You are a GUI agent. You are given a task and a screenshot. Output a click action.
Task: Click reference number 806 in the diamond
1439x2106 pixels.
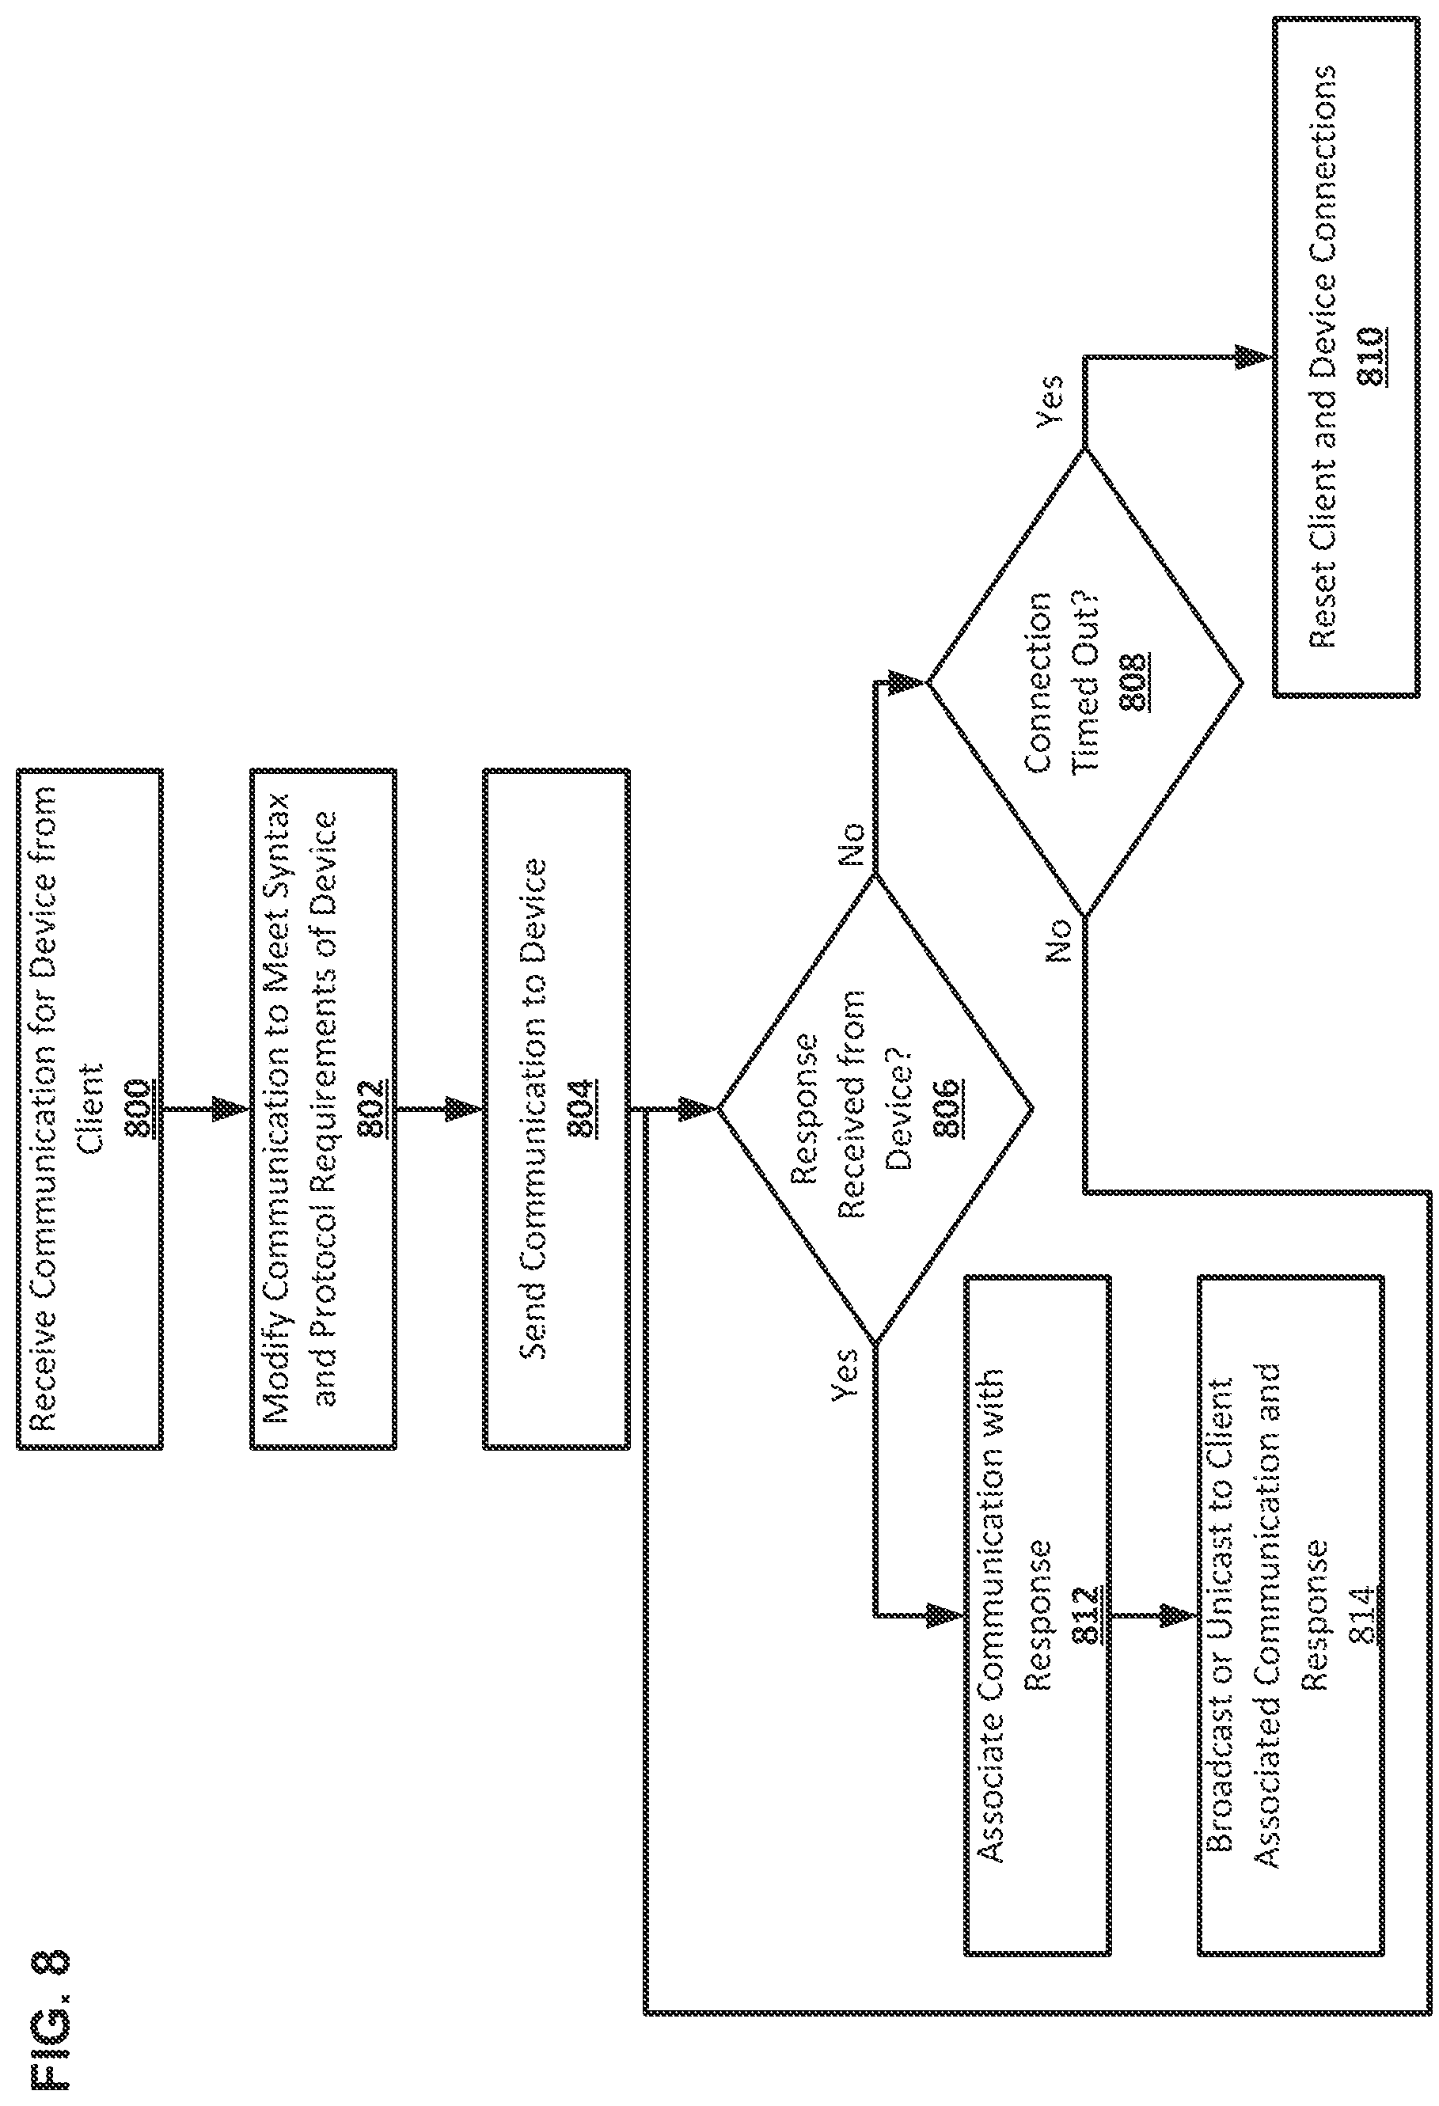pyautogui.click(x=947, y=1107)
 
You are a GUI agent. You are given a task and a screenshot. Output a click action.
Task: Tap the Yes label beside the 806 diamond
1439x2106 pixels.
pyautogui.click(x=845, y=1375)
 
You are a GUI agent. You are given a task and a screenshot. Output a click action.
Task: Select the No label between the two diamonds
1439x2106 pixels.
pyautogui.click(x=852, y=844)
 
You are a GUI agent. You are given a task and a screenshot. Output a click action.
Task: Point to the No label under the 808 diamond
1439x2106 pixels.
pyautogui.click(x=1058, y=939)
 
